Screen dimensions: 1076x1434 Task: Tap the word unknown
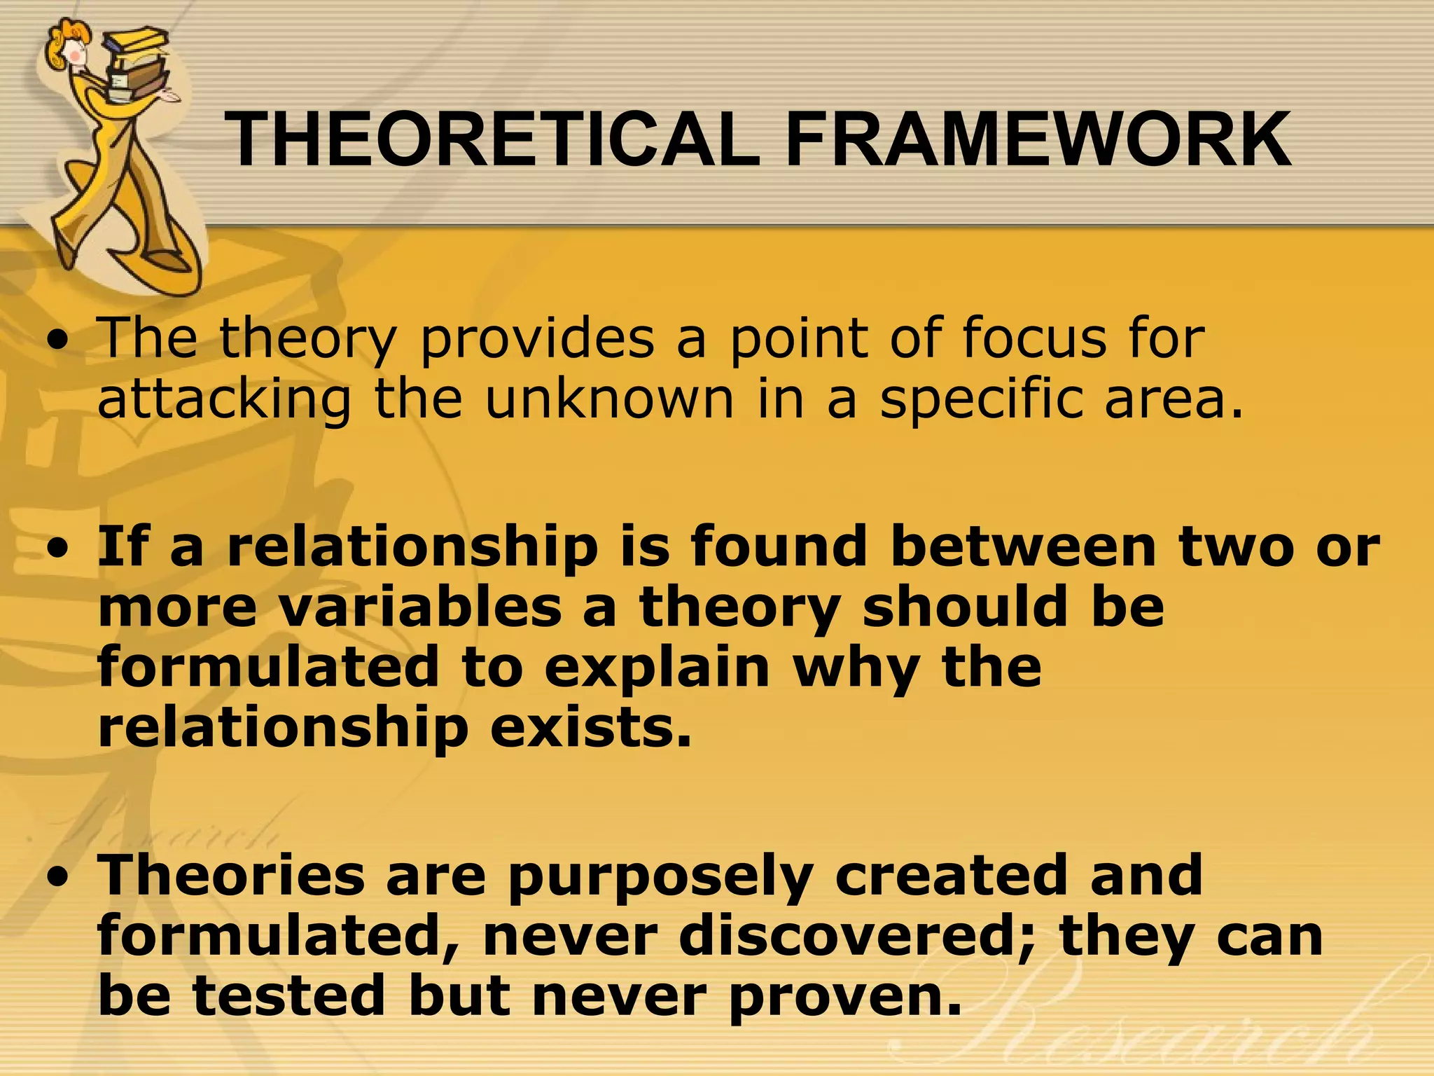(x=609, y=399)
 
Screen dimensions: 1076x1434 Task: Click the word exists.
(x=590, y=729)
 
